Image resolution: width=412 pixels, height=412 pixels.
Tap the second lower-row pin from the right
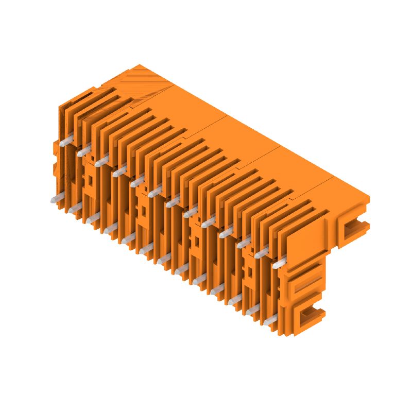(252, 311)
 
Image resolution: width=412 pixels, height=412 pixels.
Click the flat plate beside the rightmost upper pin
(304, 242)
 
